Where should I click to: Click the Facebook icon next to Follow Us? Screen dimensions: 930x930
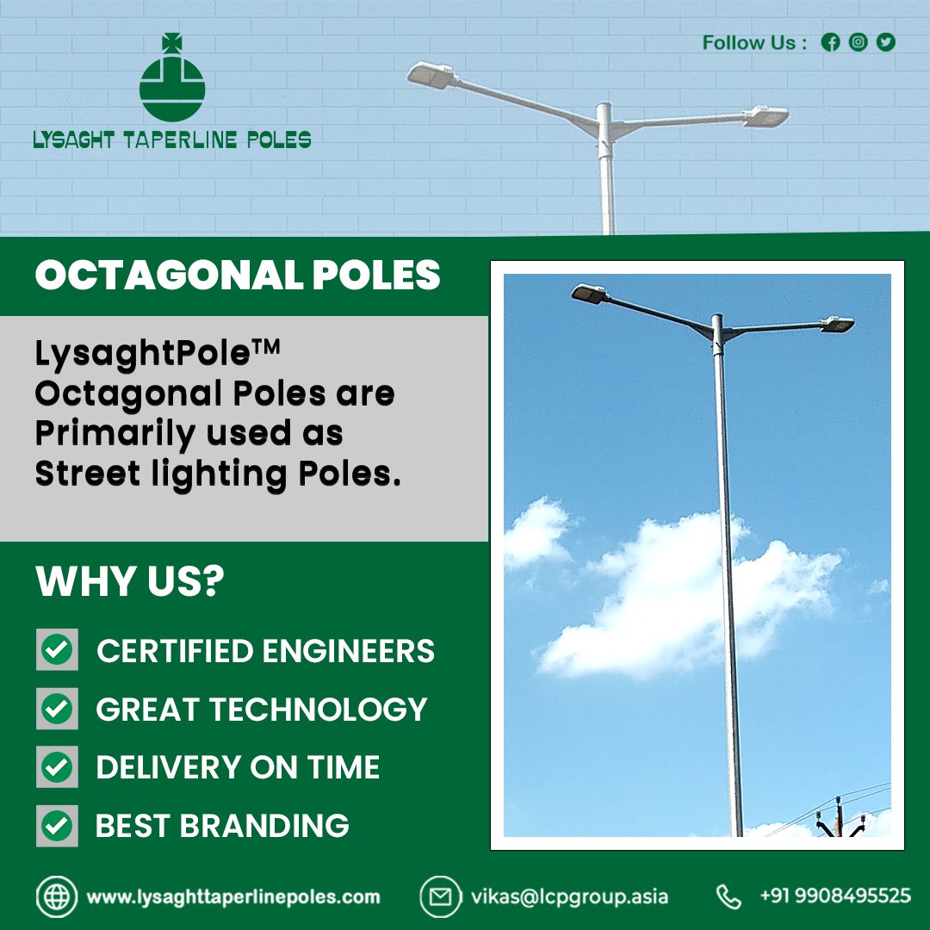point(830,42)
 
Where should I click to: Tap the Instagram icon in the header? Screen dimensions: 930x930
point(858,42)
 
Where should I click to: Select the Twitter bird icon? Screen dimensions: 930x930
point(885,42)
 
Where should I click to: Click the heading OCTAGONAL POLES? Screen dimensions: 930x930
point(238,276)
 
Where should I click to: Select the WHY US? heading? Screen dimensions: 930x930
point(130,582)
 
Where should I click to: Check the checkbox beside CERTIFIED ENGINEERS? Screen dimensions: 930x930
point(57,650)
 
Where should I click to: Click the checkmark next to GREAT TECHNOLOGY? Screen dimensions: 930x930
point(57,709)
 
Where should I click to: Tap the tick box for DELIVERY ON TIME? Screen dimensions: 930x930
point(57,767)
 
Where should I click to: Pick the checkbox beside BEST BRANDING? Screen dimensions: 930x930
point(57,826)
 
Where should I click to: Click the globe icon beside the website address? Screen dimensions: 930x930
point(57,896)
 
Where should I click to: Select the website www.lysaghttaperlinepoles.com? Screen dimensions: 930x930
point(233,896)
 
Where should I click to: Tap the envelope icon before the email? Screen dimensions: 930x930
point(440,896)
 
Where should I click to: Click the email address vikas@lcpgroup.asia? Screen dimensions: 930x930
point(569,896)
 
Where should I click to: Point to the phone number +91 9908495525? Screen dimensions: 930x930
point(834,896)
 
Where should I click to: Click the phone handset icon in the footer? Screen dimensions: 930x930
point(728,896)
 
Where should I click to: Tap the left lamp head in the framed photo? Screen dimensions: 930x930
point(590,293)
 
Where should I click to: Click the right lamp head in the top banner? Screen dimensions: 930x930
point(766,116)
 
